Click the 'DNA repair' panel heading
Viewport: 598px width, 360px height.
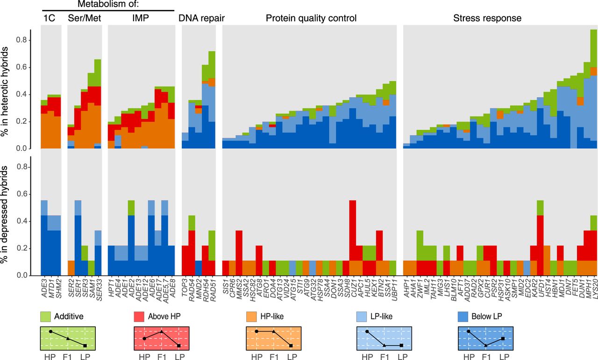201,19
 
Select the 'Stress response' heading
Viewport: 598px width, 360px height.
487,19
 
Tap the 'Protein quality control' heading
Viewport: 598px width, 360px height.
311,19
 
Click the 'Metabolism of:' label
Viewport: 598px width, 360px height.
108,4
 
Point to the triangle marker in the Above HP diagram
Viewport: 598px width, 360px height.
162,331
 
